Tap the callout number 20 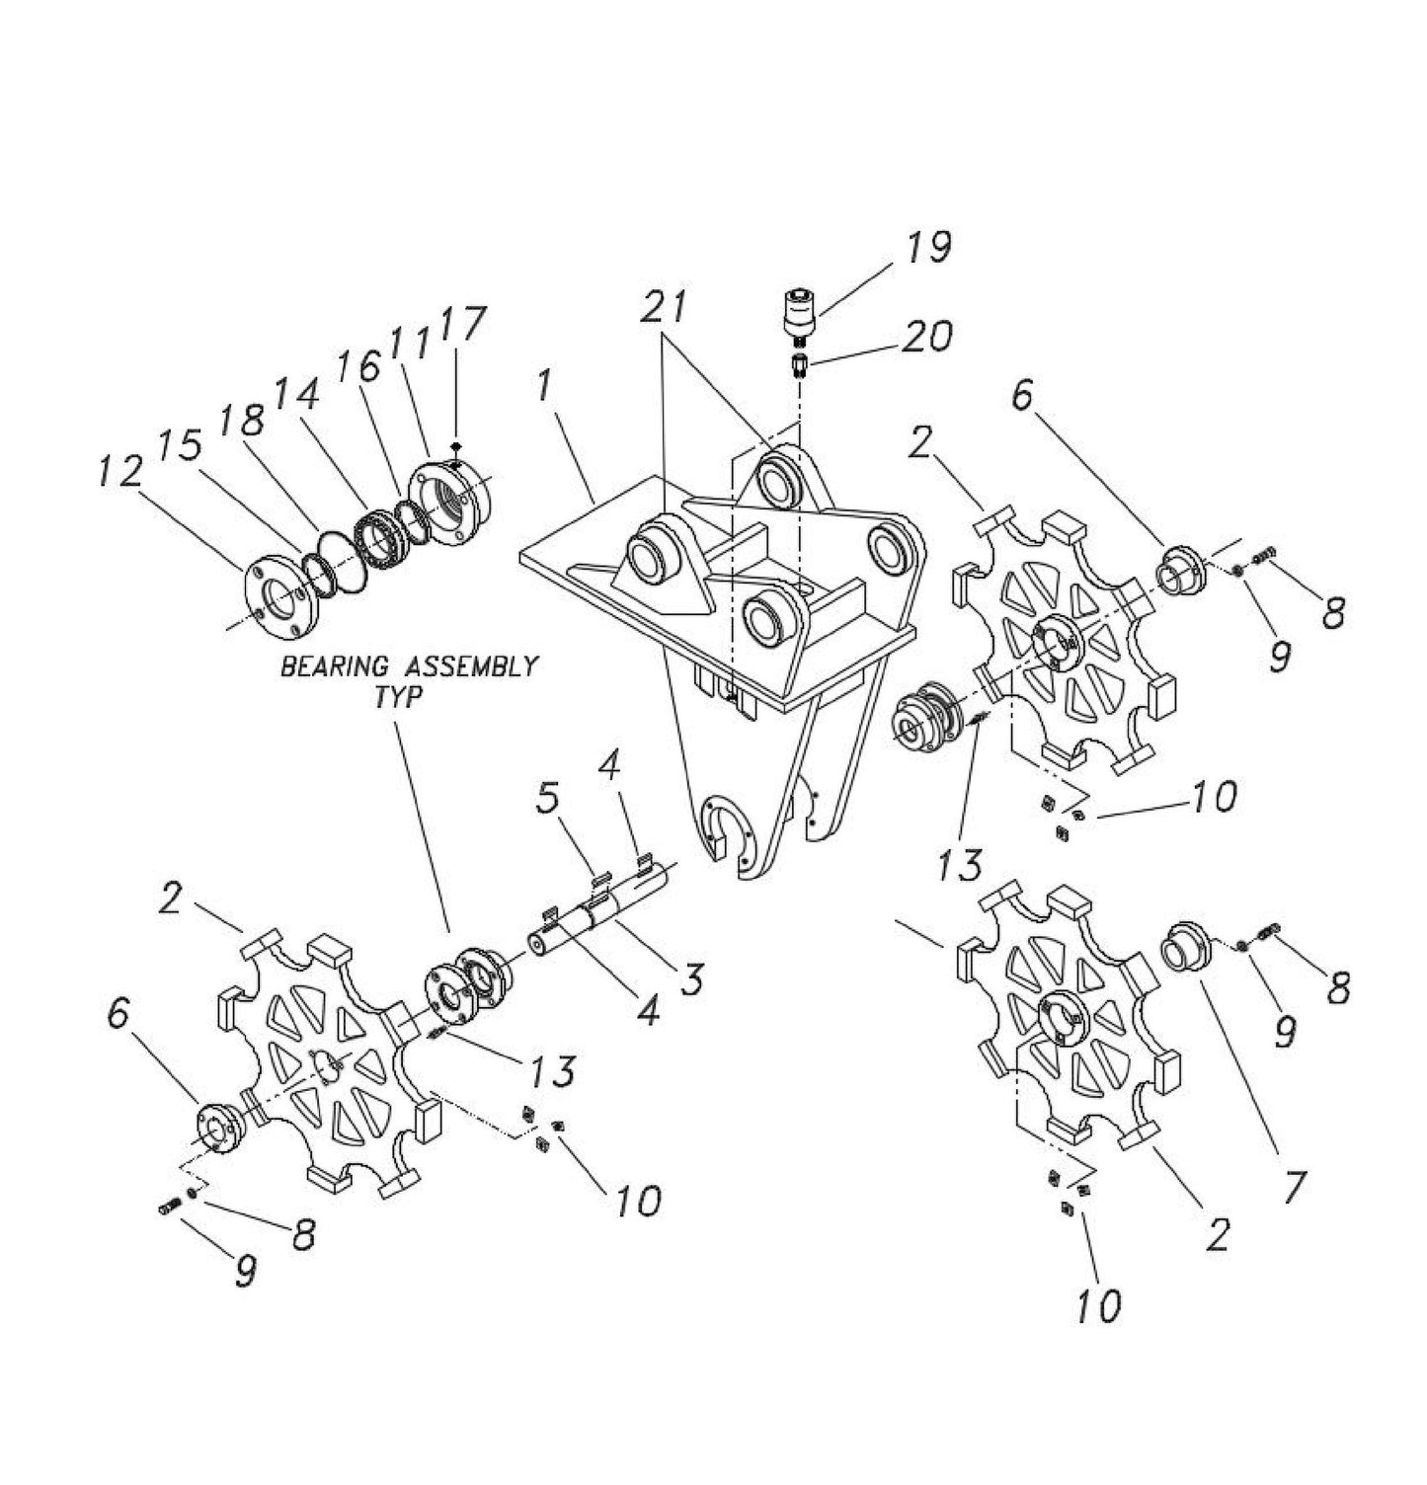coord(925,337)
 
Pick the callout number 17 coord(462,324)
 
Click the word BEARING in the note coord(329,666)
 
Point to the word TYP coord(402,696)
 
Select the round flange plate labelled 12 coord(282,602)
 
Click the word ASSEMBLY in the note coord(462,666)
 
